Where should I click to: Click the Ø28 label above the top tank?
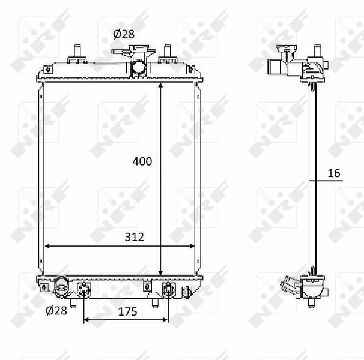(124, 34)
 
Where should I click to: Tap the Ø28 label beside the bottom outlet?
(56, 310)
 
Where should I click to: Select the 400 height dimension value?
(142, 161)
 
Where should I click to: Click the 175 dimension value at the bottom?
(127, 311)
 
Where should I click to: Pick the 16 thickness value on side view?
(334, 173)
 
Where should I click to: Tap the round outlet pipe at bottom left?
(62, 287)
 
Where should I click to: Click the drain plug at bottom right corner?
(186, 292)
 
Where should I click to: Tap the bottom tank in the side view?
(312, 289)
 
